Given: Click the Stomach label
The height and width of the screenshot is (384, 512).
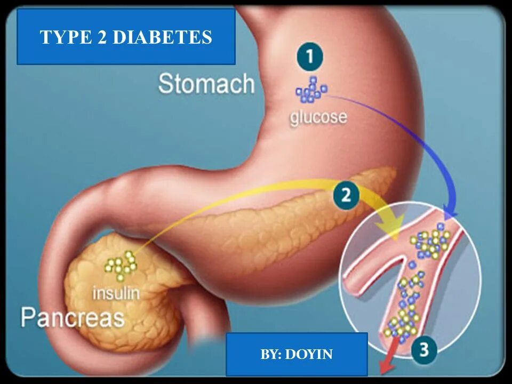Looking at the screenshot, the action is tap(206, 84).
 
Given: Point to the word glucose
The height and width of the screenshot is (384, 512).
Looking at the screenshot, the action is tap(318, 116).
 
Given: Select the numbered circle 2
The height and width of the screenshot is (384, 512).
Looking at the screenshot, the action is tap(346, 195).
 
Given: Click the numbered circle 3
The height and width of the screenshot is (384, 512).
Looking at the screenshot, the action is tap(424, 350).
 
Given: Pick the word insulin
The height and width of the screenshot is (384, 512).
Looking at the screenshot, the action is tap(116, 292).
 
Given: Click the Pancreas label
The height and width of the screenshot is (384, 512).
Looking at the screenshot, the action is tap(73, 318).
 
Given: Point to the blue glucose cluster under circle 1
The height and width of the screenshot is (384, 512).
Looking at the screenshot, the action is tap(310, 90).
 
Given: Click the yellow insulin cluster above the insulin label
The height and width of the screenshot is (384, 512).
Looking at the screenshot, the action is tap(121, 265).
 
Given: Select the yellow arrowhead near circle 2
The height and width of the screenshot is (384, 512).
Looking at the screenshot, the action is tap(394, 226).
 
